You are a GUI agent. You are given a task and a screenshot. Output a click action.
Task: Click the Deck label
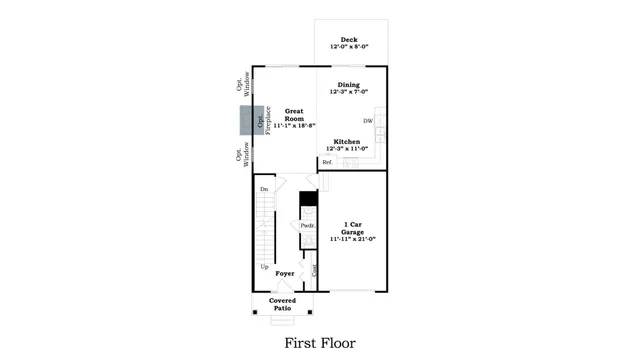[349, 40]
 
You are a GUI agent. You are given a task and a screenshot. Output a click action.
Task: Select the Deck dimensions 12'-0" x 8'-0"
[349, 48]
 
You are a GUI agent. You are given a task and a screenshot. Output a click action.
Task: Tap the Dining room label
[348, 85]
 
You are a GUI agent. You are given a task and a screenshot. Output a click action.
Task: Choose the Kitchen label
[347, 141]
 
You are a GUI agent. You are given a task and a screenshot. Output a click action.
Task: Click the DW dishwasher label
[368, 121]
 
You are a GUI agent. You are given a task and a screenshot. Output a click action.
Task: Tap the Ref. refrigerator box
[326, 162]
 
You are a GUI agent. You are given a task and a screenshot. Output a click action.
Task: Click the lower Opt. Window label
[243, 153]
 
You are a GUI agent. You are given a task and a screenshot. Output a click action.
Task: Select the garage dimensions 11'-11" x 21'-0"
[352, 239]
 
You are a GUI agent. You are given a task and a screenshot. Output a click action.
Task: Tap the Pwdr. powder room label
[308, 226]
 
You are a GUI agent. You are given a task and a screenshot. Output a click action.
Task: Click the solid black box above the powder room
[308, 199]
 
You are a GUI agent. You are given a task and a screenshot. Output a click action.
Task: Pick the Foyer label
[285, 272]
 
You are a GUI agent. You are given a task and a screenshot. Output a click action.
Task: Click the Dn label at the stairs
[264, 189]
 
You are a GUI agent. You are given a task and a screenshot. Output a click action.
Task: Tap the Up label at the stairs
[264, 266]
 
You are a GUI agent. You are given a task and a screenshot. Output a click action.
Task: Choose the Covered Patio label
[282, 304]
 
